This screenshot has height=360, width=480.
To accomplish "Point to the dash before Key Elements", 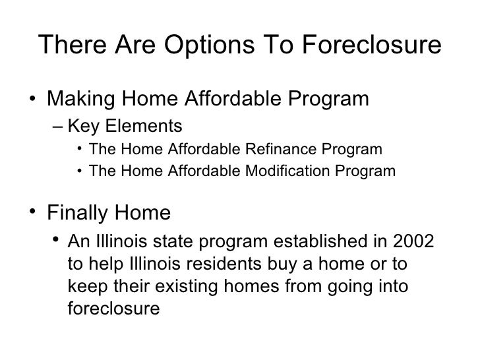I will tap(58, 126).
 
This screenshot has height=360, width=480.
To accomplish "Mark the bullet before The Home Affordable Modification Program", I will tap(79, 172).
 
